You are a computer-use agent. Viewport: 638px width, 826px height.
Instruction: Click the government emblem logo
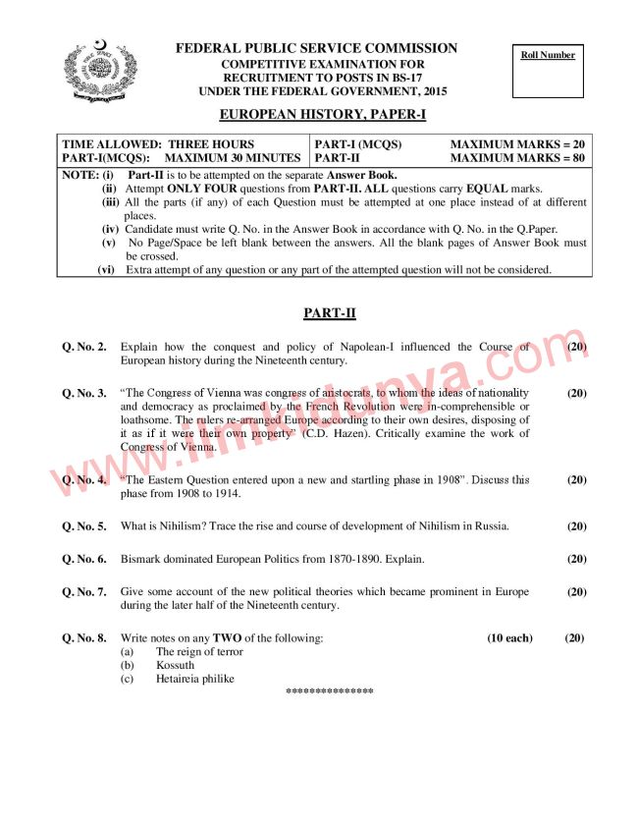pyautogui.click(x=102, y=71)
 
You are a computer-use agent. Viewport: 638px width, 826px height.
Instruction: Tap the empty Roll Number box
pyautogui.click(x=548, y=79)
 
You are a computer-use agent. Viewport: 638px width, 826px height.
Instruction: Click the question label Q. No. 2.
pyautogui.click(x=84, y=347)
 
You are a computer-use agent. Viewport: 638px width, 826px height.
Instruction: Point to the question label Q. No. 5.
pyautogui.click(x=84, y=526)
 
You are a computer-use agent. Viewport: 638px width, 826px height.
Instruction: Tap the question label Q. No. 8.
pyautogui.click(x=84, y=638)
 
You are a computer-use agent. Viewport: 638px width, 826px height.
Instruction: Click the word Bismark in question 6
pyautogui.click(x=143, y=559)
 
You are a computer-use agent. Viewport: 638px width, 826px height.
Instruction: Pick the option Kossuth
pyautogui.click(x=175, y=665)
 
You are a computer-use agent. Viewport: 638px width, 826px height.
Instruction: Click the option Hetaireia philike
pyautogui.click(x=194, y=678)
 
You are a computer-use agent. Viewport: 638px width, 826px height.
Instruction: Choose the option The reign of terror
pyautogui.click(x=199, y=651)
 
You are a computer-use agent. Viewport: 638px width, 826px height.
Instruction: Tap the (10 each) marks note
pyautogui.click(x=509, y=638)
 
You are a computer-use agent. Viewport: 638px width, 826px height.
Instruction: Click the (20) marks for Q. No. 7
pyautogui.click(x=576, y=592)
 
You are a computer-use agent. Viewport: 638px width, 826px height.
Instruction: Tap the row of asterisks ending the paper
pyautogui.click(x=329, y=691)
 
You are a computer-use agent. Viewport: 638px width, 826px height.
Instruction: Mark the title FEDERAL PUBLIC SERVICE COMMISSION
pyautogui.click(x=316, y=48)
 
